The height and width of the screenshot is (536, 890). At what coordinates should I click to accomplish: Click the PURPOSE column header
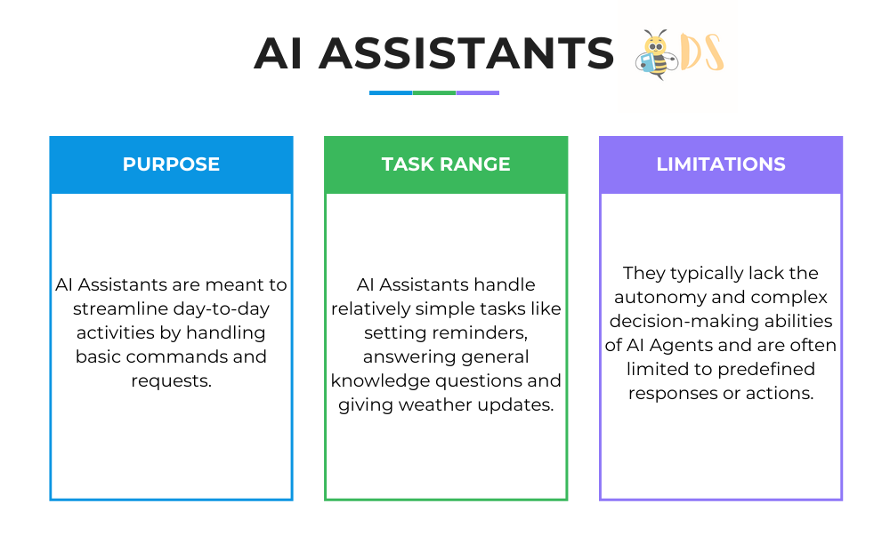[x=171, y=164]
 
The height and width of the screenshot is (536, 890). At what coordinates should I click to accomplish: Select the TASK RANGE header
[x=446, y=164]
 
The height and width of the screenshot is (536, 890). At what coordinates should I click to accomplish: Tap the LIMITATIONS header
[x=721, y=164]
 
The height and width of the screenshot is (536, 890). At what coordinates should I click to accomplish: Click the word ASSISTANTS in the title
[x=466, y=53]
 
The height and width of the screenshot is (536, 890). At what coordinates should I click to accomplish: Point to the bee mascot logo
[x=656, y=55]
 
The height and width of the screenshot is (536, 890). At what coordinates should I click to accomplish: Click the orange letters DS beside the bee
[x=702, y=53]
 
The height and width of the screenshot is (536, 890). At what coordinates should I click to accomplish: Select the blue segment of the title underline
[x=391, y=92]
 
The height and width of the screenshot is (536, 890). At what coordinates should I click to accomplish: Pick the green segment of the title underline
[x=434, y=92]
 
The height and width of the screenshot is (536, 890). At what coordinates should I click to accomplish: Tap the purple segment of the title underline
[x=478, y=92]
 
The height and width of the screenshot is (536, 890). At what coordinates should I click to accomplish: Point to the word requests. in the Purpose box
[x=171, y=381]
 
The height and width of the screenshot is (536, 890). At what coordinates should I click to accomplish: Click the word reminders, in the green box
[x=479, y=332]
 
